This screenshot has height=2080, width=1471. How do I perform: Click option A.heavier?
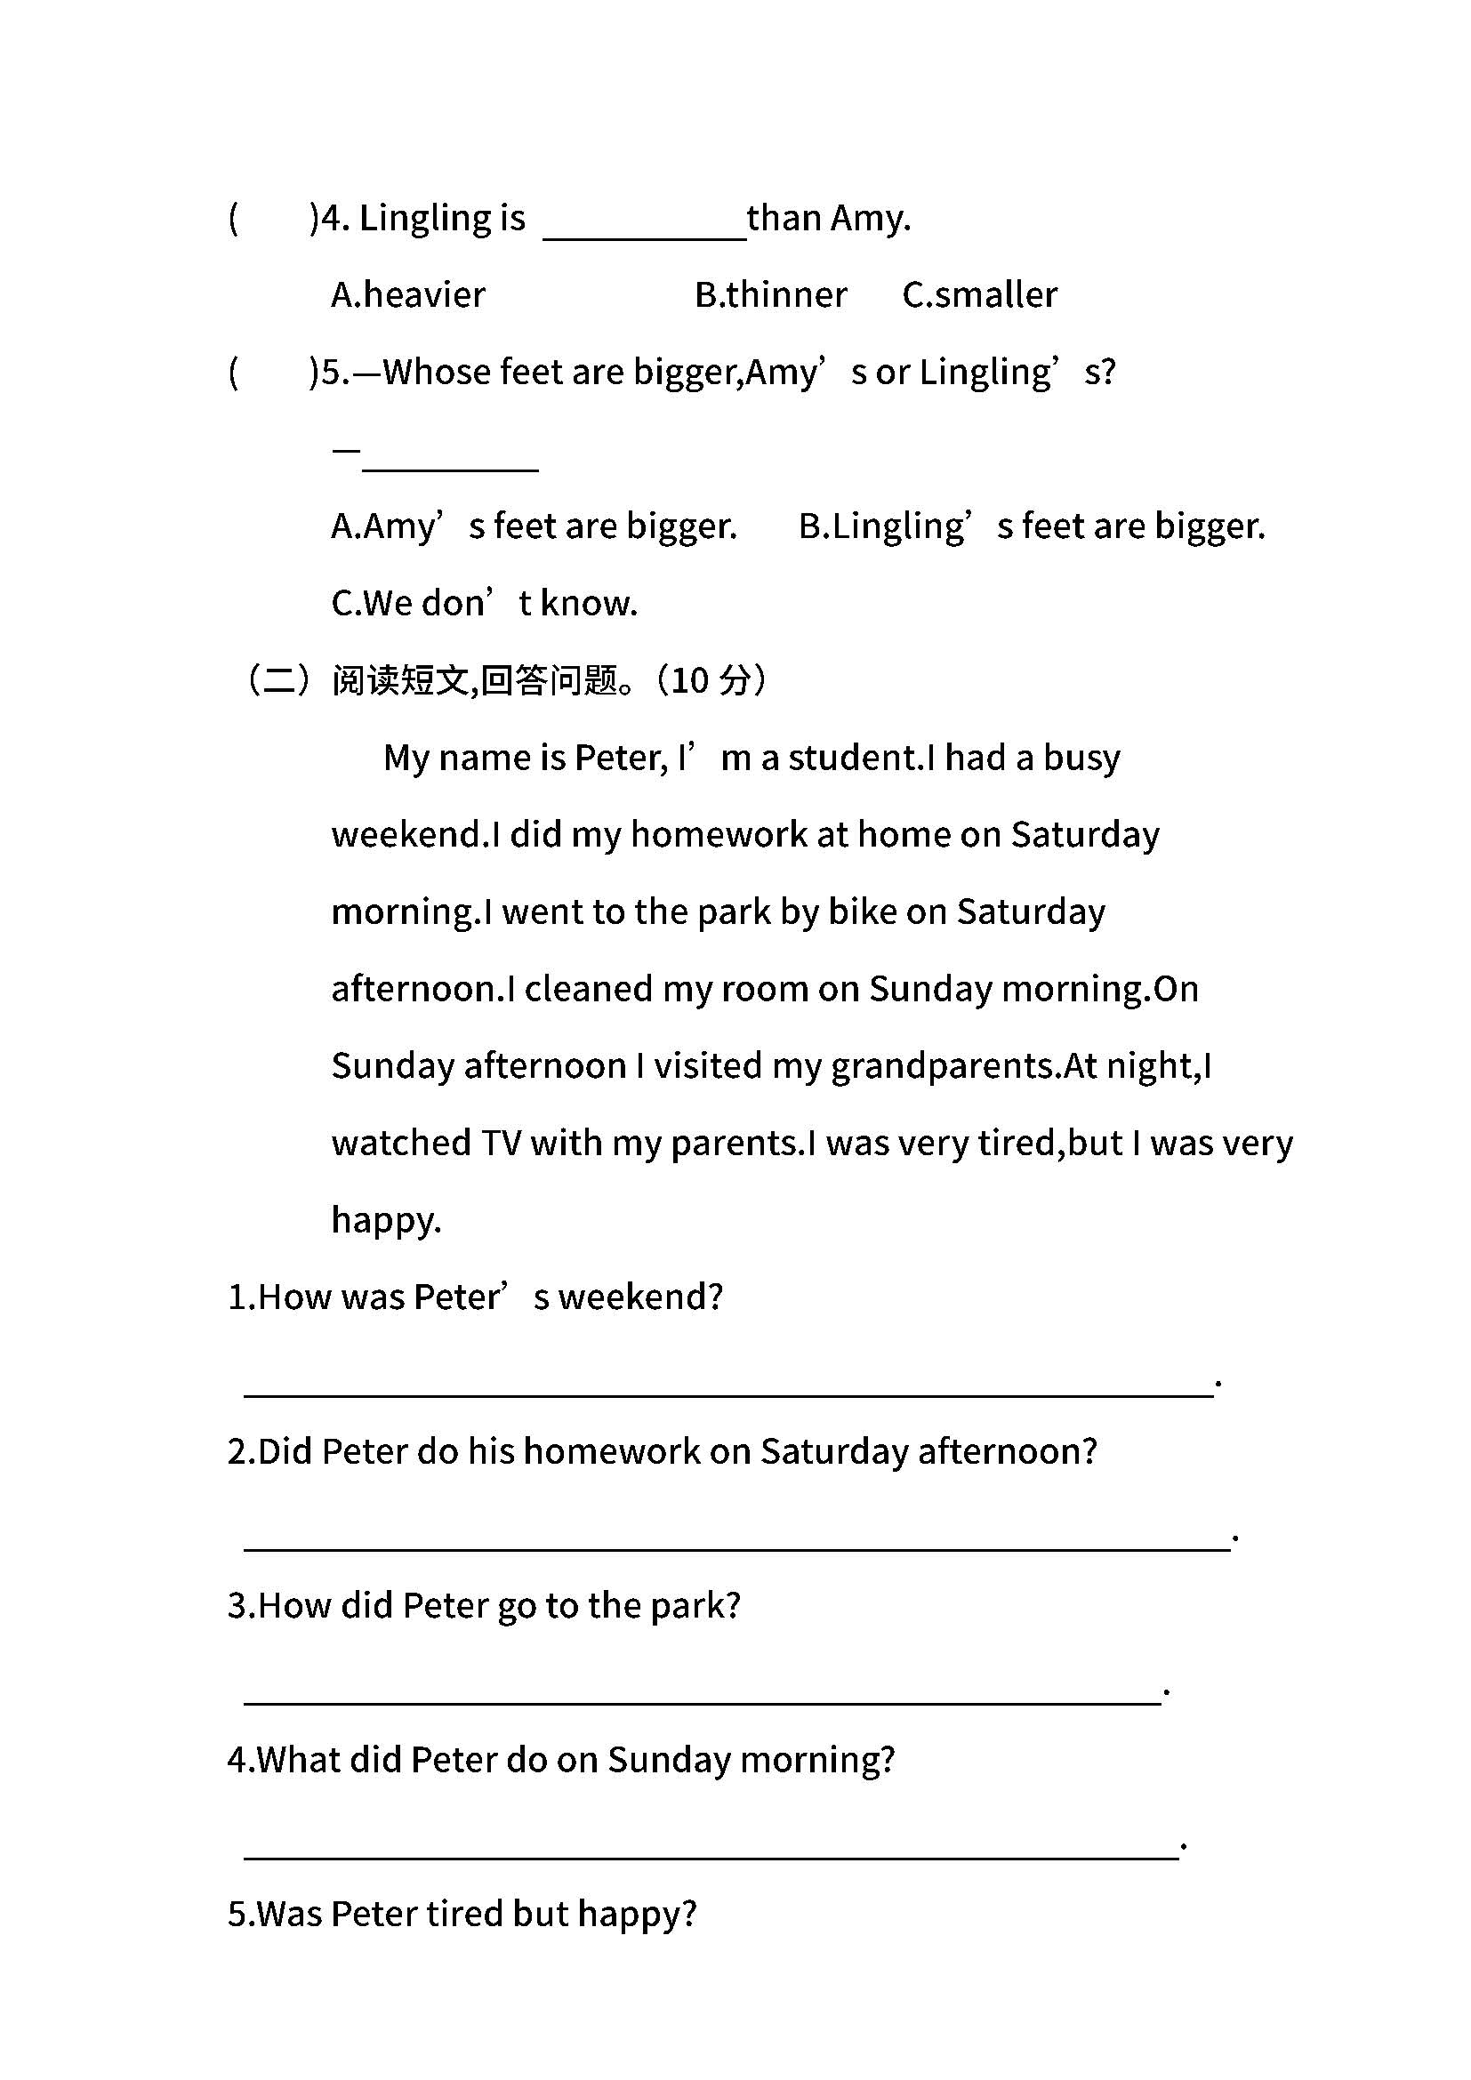point(408,295)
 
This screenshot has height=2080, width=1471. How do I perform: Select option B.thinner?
point(771,295)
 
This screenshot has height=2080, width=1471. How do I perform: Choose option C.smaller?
point(980,295)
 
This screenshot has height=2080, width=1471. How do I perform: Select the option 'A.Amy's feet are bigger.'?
point(535,526)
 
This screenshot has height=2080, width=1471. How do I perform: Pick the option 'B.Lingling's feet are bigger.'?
point(1032,526)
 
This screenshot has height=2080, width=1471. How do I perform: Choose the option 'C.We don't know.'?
point(485,603)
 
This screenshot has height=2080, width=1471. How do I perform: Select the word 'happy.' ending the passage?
point(387,1220)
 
